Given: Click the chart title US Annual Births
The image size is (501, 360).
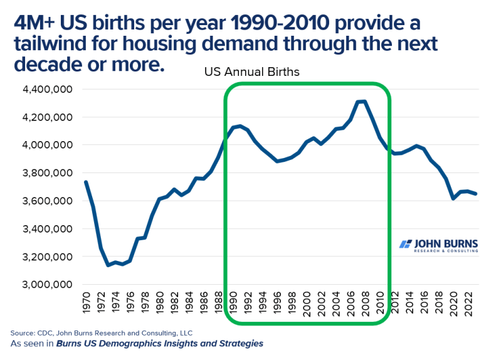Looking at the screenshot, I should (x=251, y=72).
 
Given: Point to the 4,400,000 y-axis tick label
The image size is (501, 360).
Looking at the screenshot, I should (x=48, y=90).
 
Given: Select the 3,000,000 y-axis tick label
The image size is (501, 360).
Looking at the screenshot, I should (x=48, y=285).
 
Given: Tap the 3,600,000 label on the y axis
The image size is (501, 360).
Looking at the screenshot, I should (x=48, y=201).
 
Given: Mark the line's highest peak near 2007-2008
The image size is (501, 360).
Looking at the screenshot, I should (x=362, y=101).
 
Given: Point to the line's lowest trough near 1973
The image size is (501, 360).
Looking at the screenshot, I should (x=108, y=265).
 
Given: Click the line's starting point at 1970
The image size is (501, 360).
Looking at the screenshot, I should (x=86, y=182).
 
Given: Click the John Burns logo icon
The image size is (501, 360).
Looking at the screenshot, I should (x=406, y=245).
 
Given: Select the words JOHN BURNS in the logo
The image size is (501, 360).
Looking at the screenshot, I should (x=446, y=243).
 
